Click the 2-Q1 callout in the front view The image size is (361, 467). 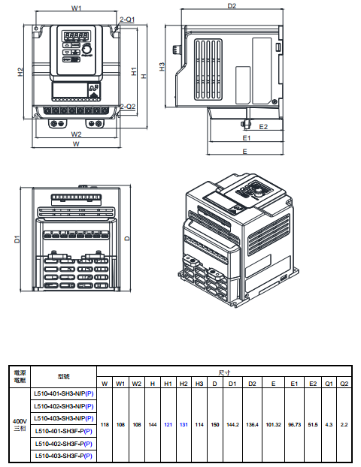coord(127,21)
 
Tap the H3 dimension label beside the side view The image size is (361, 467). coord(162,67)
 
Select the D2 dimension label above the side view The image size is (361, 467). coord(232,6)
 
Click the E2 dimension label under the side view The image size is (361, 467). coord(264,127)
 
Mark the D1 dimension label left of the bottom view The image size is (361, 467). coord(17,240)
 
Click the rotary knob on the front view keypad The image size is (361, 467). coord(86,47)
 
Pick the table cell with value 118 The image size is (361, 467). coord(105,424)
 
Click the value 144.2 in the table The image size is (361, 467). coord(232,424)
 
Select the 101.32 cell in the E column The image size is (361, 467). coord(273,424)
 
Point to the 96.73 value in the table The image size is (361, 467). coord(294,424)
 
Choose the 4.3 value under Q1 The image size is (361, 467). coord(329,424)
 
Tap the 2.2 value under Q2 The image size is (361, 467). coord(344,424)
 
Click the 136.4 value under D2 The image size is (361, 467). coord(252,424)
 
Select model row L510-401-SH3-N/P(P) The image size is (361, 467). coord(64,393)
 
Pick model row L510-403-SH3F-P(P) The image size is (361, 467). coord(64,456)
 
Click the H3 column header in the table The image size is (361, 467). coord(199,383)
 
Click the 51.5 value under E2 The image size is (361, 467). coord(312,424)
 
